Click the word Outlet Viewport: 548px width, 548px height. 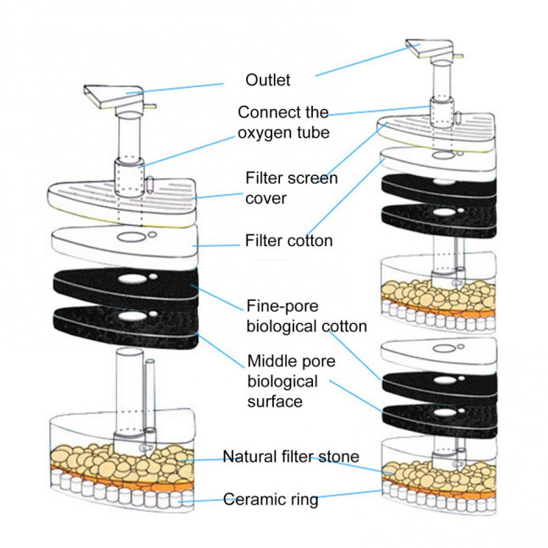pos(267,80)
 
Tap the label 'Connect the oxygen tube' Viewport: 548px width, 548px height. pos(282,123)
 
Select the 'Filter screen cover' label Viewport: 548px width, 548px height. pos(291,188)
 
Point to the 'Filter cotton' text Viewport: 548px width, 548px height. pos(288,241)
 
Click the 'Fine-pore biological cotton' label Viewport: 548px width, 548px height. pos(306,315)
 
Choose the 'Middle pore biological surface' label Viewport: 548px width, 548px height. pos(292,381)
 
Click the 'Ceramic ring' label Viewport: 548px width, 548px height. pos(271,499)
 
